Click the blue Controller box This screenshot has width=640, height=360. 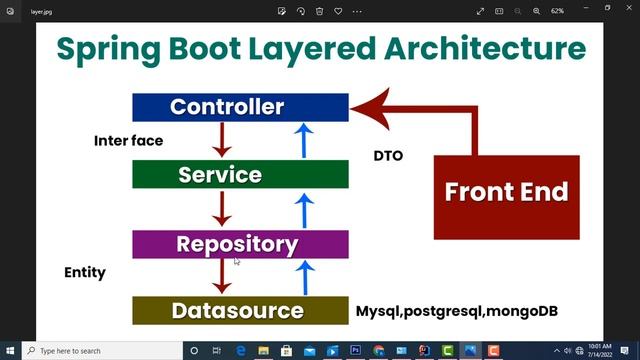point(240,107)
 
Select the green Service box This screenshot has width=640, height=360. point(240,174)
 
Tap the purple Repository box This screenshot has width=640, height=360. point(240,244)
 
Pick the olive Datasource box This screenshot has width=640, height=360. point(240,310)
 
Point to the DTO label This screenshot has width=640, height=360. point(388,156)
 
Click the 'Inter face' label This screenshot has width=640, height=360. point(128,141)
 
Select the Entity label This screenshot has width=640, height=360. point(85,272)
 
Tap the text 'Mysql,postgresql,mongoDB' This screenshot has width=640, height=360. point(457,311)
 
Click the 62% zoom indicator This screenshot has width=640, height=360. point(564,10)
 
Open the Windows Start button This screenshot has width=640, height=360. point(11,351)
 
